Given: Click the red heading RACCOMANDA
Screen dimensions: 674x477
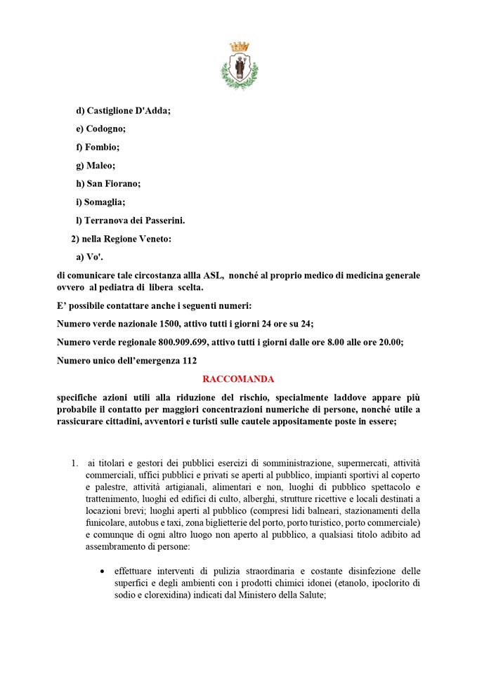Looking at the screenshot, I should [x=238, y=378].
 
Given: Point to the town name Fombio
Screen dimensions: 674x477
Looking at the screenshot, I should [x=102, y=147].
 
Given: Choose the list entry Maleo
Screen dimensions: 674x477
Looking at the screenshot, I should [x=100, y=166].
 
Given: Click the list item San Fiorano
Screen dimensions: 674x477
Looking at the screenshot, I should [x=113, y=184].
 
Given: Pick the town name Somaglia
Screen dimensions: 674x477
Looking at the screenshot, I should [x=105, y=202].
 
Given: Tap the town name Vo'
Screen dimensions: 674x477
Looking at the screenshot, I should [x=94, y=257].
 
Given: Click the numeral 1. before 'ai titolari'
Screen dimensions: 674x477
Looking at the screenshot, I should [x=74, y=463].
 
